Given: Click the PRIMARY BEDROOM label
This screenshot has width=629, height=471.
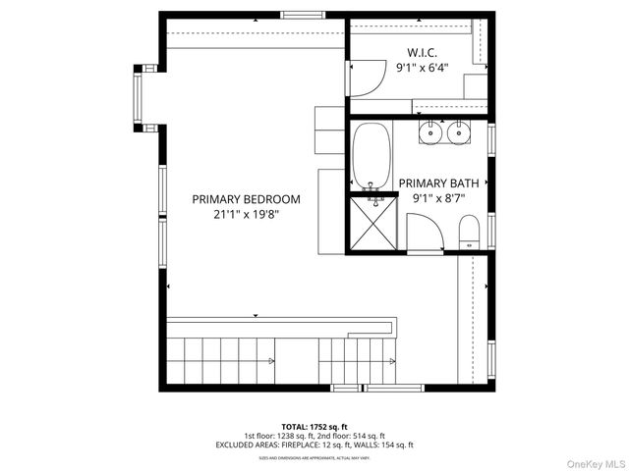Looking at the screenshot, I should pyautogui.click(x=247, y=199).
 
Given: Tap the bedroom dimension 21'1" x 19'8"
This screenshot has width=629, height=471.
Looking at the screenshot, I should pyautogui.click(x=247, y=214).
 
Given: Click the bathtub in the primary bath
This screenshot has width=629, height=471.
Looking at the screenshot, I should pyautogui.click(x=372, y=155).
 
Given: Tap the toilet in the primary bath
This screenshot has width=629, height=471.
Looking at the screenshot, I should pyautogui.click(x=469, y=232).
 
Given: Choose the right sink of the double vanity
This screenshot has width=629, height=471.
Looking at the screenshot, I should pyautogui.click(x=458, y=131).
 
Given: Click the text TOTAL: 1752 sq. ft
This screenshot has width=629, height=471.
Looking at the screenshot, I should pyautogui.click(x=314, y=428).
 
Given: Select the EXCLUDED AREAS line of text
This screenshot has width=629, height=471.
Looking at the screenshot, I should pyautogui.click(x=314, y=445).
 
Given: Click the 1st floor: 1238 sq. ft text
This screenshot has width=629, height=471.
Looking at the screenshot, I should pyautogui.click(x=279, y=436).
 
